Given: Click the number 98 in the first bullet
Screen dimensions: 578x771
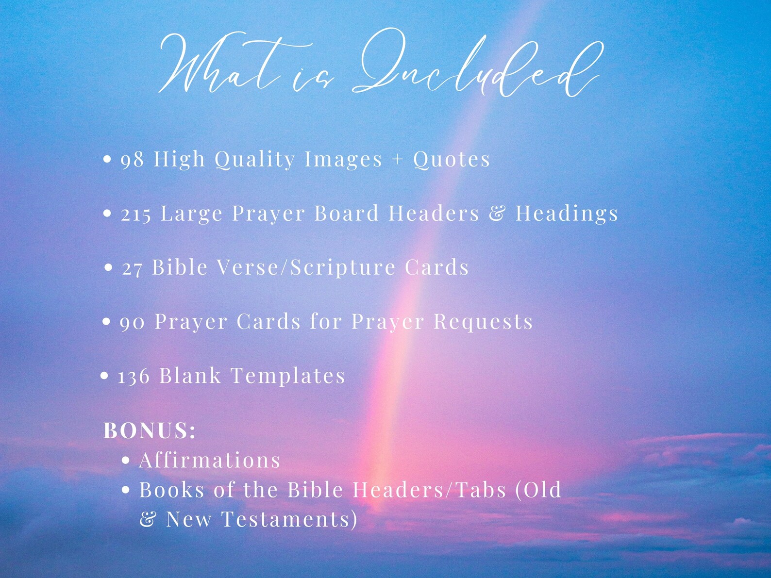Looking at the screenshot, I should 132,160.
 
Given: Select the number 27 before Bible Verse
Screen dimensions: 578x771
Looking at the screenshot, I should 132,268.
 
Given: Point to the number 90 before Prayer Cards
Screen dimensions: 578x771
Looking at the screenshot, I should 132,323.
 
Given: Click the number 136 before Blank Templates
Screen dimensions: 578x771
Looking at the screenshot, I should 134,377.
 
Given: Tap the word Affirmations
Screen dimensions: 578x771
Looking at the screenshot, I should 210,460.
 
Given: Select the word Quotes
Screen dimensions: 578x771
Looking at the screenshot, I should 452,160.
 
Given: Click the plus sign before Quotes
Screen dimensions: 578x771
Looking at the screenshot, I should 398,159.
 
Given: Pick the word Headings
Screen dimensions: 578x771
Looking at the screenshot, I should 567,214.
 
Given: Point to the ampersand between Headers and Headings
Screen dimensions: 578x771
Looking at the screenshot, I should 497,214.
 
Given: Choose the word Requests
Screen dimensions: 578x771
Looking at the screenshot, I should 483,322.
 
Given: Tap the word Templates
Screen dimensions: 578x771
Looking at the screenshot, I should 287,376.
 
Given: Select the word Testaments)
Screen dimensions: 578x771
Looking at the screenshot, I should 290,519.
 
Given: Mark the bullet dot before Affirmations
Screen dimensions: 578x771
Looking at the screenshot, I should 126,461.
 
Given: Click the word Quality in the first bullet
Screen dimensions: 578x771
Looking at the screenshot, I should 255,160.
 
